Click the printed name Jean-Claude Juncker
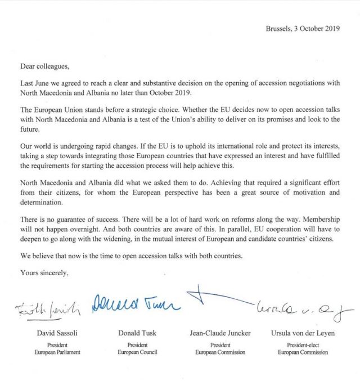[x=220, y=334]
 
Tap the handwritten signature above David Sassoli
[x=49, y=308]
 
